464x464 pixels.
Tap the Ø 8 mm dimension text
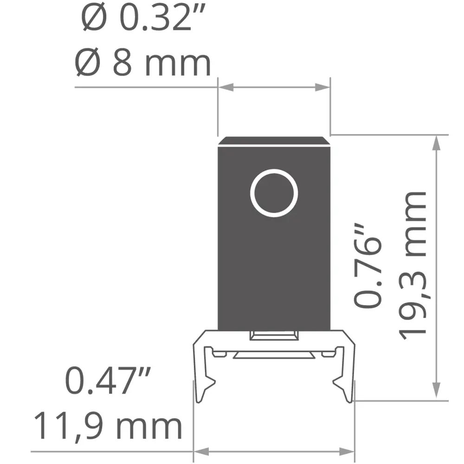[x=142, y=63]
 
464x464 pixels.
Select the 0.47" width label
[x=108, y=380]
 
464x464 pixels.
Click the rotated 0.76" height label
[x=368, y=265]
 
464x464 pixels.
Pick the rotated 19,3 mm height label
[x=412, y=265]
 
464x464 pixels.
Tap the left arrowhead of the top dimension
[x=226, y=87]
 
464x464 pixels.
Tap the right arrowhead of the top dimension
[x=322, y=87]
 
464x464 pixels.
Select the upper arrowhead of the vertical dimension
[x=437, y=143]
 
